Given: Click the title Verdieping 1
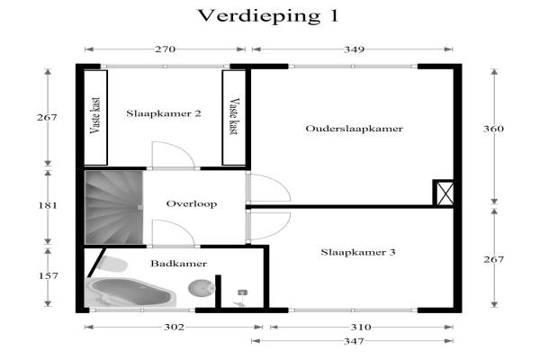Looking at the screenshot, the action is [x=268, y=16].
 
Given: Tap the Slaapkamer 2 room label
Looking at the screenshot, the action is [x=164, y=113].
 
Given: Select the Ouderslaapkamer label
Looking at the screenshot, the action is [x=354, y=129].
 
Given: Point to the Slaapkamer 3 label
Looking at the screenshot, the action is [x=358, y=252].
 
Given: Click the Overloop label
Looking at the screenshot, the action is [x=192, y=204].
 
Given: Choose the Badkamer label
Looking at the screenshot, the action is [x=179, y=264].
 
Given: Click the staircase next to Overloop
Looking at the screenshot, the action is [x=114, y=207].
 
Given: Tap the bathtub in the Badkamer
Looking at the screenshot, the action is [x=130, y=292].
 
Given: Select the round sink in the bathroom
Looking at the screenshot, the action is [x=202, y=288].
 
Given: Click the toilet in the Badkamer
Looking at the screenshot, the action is [x=112, y=264].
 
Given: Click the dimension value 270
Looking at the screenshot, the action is [x=165, y=49].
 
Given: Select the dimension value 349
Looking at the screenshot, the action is [x=354, y=49].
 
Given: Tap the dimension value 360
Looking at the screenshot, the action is [x=493, y=129].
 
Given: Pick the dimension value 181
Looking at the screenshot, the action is [x=48, y=206].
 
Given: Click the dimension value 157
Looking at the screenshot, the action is [x=48, y=276].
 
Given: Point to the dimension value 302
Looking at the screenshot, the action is [x=174, y=327].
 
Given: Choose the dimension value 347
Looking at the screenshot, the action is [x=354, y=341].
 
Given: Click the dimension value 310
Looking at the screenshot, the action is [x=361, y=327].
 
